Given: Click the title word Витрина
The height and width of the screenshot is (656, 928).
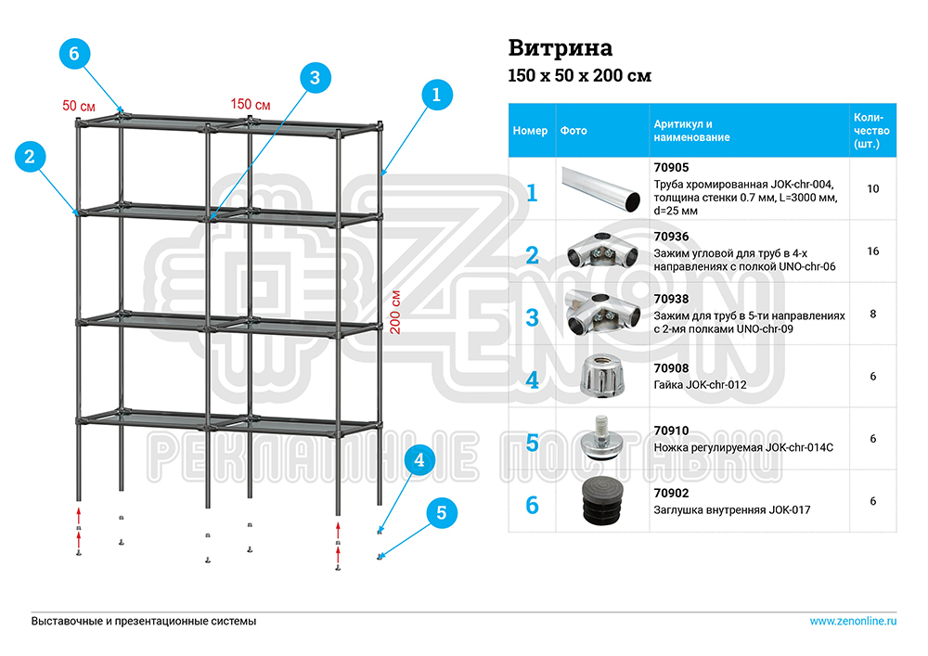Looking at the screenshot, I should point(561,47).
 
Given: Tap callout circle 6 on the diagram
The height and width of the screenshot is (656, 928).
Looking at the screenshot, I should point(75,54).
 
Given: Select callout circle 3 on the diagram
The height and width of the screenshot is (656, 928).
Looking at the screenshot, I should point(315,78).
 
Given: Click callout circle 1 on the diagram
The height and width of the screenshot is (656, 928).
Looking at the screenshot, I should point(436,94).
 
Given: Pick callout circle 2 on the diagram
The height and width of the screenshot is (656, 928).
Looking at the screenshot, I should point(30,157).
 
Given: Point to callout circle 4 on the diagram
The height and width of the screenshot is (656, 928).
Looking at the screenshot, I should point(419,459).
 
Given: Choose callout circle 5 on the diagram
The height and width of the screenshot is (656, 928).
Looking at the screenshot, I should point(442,511).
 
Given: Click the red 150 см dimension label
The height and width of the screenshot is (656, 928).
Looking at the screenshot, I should point(251,104).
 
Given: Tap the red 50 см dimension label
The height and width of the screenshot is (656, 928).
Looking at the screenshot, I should point(79,106).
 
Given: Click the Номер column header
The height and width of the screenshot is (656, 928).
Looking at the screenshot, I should point(531,131).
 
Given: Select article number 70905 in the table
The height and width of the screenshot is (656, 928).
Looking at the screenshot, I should point(671,168).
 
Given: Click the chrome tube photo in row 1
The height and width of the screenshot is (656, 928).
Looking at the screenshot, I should point(601,189).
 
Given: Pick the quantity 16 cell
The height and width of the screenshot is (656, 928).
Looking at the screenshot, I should point(872,251).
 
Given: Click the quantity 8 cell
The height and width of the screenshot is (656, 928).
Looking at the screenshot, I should point(872,314).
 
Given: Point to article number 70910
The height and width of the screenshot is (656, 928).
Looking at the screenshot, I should point(671,431).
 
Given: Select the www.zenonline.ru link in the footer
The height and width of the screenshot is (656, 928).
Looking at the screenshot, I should point(853,621).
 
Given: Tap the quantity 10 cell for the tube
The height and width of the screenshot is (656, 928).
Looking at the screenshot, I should point(872,188).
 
